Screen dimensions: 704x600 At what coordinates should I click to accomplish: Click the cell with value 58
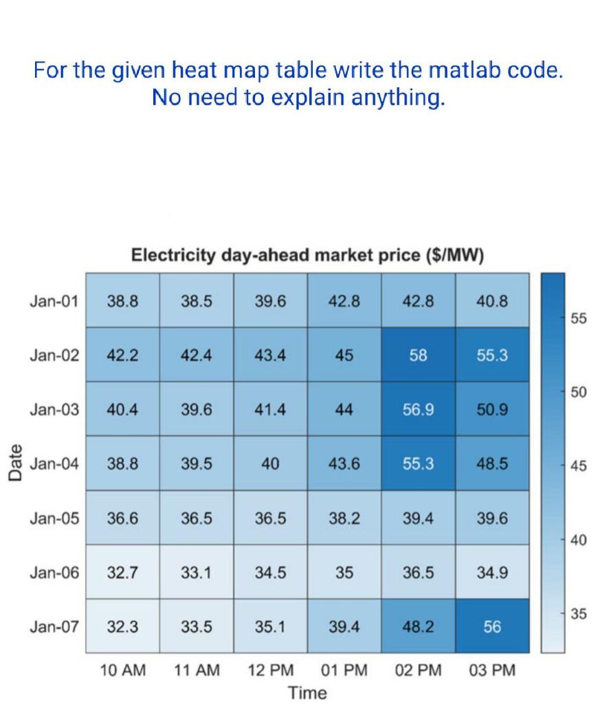coord(418,355)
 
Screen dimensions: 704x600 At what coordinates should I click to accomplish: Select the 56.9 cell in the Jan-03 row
coord(418,410)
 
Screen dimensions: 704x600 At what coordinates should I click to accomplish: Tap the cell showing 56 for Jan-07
coord(492,626)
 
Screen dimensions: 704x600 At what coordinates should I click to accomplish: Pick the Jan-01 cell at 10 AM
coord(123,301)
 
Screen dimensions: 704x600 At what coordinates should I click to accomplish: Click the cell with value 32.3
coord(123,626)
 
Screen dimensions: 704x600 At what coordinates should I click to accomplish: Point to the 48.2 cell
coord(418,626)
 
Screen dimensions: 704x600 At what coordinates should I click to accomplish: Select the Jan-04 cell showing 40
coord(270,464)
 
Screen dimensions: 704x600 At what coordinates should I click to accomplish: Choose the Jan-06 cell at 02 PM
coord(418,572)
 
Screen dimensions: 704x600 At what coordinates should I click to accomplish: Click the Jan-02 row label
coord(54,355)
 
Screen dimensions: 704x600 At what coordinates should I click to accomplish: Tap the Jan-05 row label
coord(54,518)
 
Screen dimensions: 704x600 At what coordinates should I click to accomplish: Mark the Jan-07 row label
coord(54,626)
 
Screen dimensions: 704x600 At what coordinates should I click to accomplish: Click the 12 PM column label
coord(270,670)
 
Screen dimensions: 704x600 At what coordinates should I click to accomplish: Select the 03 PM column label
coord(492,670)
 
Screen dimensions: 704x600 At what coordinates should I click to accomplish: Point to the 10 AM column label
coord(123,670)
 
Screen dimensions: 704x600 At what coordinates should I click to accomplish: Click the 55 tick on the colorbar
coord(578,319)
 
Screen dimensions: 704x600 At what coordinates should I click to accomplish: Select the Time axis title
coord(307,692)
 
